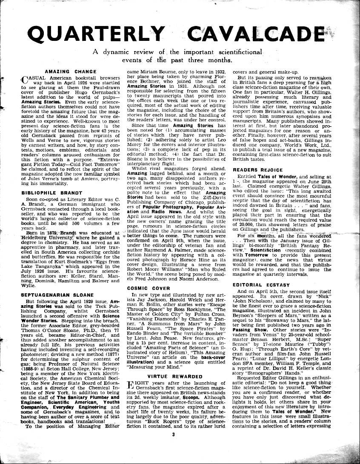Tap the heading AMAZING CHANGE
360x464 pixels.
65,71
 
